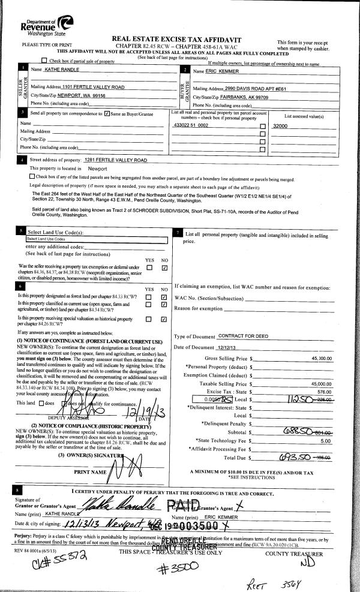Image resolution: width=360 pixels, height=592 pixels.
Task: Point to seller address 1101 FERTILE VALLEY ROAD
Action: click(x=93, y=88)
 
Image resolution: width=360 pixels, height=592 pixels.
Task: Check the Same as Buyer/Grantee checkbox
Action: click(x=107, y=113)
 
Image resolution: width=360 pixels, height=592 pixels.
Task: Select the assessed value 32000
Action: click(x=280, y=126)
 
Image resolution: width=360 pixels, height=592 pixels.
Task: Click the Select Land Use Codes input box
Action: click(x=95, y=239)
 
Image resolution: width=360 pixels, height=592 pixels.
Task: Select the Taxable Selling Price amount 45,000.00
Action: click(x=318, y=383)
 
